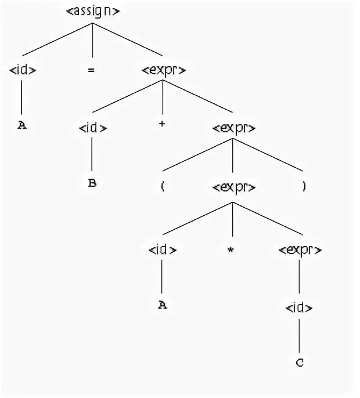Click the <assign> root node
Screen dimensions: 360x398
(93, 11)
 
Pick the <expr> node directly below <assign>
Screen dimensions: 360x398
(164, 70)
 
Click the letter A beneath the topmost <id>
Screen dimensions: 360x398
(22, 124)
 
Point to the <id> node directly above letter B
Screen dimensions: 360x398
(92, 128)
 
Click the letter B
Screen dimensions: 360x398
(92, 183)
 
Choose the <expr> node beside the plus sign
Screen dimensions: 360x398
(233, 128)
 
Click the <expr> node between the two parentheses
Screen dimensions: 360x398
(233, 188)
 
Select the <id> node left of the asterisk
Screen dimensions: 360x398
(162, 249)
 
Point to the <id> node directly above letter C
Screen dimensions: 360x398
(299, 307)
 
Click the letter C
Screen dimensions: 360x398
(299, 363)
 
